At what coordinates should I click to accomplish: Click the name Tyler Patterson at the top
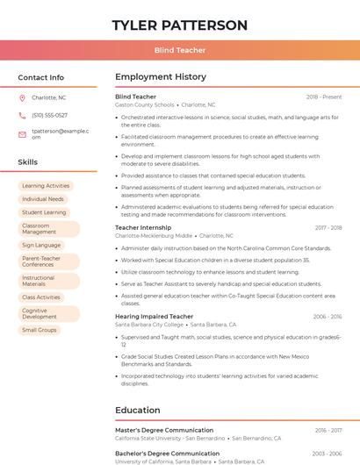(179, 25)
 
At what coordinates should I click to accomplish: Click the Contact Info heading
(40, 77)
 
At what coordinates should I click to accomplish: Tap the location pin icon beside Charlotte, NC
(22, 97)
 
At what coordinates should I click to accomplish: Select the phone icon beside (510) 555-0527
(22, 116)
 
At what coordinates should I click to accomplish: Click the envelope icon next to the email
(22, 133)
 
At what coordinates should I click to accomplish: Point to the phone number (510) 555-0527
(49, 116)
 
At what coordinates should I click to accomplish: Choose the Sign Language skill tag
(41, 246)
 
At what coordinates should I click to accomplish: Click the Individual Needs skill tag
(43, 199)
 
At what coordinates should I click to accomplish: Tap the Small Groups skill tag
(40, 330)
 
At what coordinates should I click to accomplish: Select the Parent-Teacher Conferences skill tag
(43, 262)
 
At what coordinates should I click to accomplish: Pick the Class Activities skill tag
(41, 297)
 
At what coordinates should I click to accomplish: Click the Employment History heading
(161, 77)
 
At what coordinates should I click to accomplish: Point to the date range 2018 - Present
(324, 97)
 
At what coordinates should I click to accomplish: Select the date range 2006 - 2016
(327, 317)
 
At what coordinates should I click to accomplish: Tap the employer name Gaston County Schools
(145, 104)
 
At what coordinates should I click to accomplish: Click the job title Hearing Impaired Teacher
(154, 317)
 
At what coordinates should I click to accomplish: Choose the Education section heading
(138, 410)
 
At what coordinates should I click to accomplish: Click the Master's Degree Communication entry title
(164, 430)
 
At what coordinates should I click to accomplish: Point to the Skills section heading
(27, 162)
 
